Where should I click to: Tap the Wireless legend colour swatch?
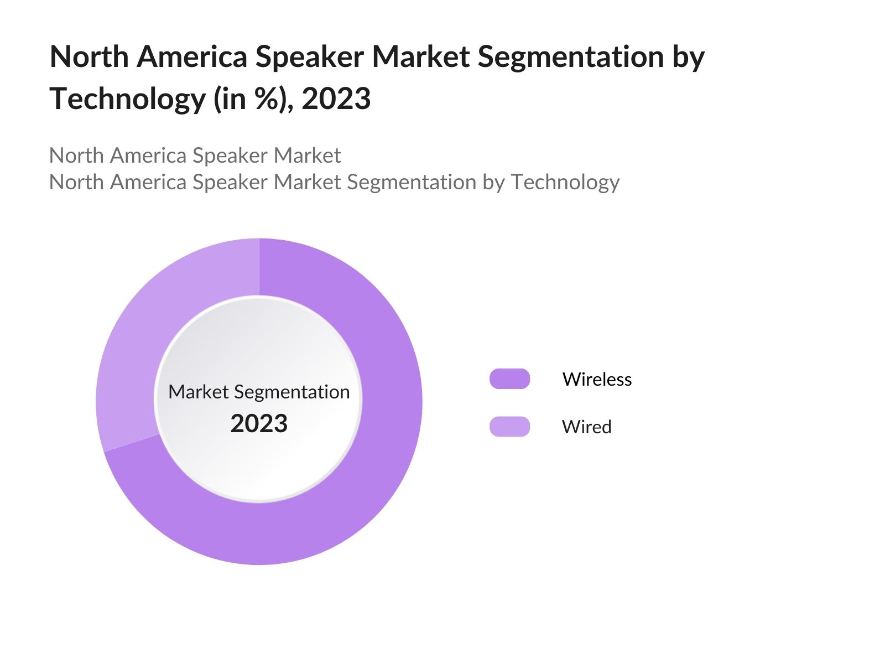[x=509, y=379]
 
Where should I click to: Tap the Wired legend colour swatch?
[x=509, y=427]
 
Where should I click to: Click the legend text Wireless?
[x=597, y=379]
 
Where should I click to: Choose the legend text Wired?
[x=586, y=427]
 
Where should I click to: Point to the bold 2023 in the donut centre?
[x=259, y=423]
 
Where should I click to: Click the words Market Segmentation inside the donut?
[x=259, y=392]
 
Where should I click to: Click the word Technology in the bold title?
[x=128, y=99]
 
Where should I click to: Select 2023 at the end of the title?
[x=336, y=99]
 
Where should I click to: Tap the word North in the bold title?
[x=89, y=56]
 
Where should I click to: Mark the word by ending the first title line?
[x=689, y=56]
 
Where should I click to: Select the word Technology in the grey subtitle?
[x=565, y=182]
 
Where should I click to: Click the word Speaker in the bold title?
[x=309, y=56]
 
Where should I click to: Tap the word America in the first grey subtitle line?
[x=148, y=155]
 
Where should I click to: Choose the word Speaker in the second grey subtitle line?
[x=230, y=182]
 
